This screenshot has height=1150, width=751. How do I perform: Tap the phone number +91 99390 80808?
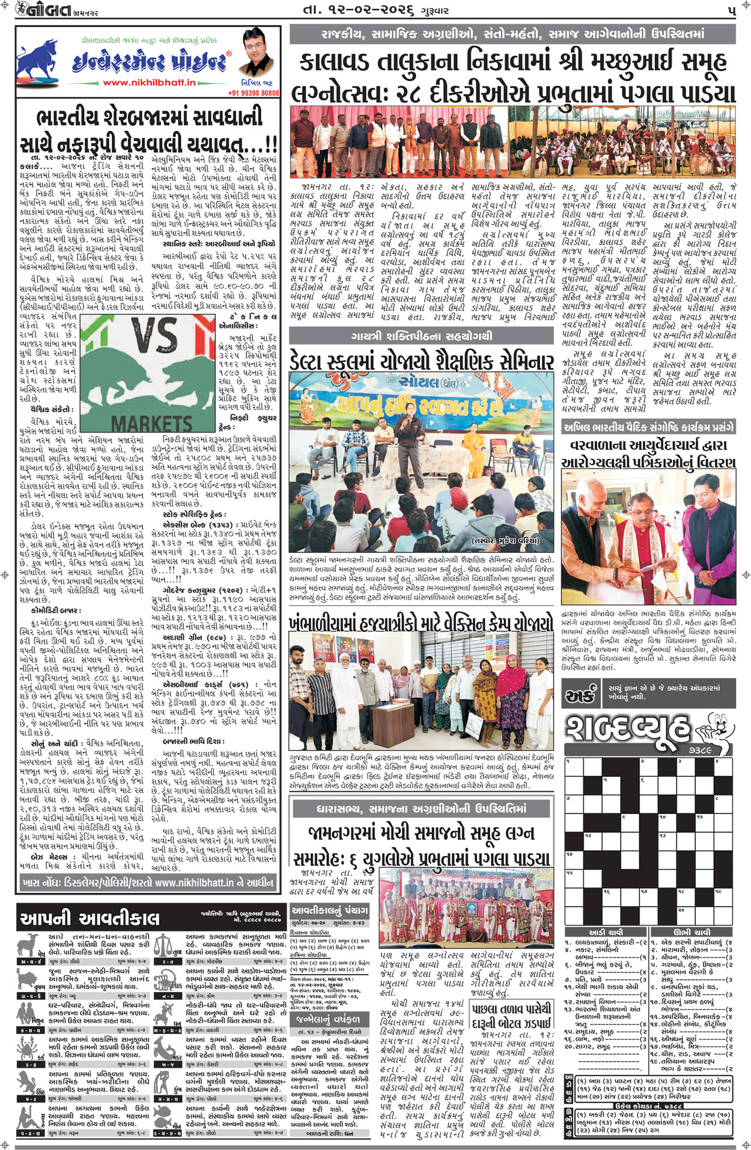253,93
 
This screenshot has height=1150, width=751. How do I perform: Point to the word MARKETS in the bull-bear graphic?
151,422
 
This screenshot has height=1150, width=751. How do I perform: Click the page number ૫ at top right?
731,10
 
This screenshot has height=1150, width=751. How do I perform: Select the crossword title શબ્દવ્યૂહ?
628,729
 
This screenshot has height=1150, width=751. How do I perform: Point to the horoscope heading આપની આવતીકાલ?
90,918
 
